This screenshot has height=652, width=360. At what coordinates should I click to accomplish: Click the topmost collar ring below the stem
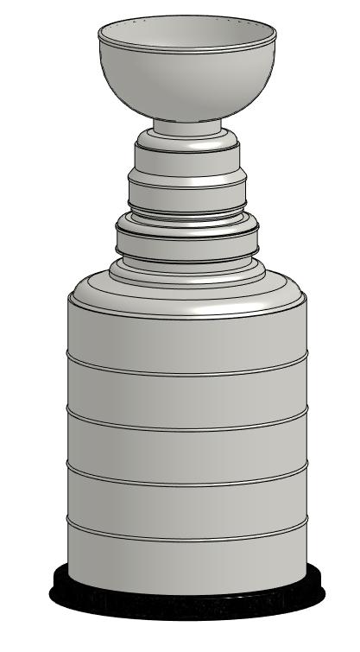click(187, 156)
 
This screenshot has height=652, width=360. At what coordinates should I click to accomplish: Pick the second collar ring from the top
click(187, 192)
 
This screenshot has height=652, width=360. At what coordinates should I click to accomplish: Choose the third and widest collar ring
click(187, 237)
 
